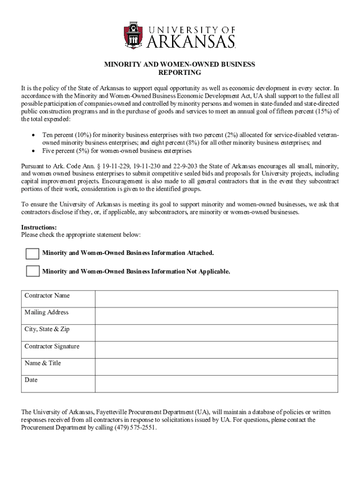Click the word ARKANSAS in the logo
click(191, 42)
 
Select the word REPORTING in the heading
click(180, 73)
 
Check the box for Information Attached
click(32, 254)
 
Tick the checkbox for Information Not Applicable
click(32, 271)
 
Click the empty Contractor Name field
click(216, 298)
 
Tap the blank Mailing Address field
click(216, 316)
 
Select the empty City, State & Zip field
click(216, 333)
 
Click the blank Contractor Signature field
click(216, 349)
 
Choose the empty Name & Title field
click(216, 366)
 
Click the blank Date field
click(216, 383)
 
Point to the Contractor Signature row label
click(52, 347)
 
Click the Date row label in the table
click(31, 380)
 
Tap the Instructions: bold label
click(39, 227)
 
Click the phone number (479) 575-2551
click(136, 428)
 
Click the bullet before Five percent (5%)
click(33, 151)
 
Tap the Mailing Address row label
click(46, 312)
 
